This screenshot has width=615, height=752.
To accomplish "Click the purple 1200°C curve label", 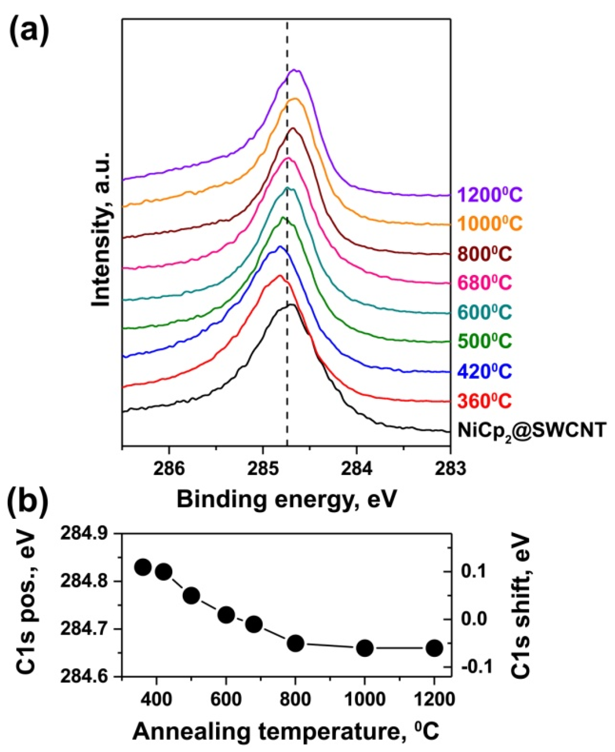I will pos(490,195).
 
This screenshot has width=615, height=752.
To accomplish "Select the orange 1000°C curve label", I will pos(490,224).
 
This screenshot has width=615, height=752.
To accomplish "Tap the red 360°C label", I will pos(485,401).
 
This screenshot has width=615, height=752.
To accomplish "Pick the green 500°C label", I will pos(485,342).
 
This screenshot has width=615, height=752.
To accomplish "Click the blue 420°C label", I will pos(485,371).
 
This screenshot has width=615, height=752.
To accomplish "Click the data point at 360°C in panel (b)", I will pos(143,567).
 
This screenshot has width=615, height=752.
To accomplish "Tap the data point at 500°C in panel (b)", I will pos(191,596).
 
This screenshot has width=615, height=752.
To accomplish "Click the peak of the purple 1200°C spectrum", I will pos(295,71).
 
